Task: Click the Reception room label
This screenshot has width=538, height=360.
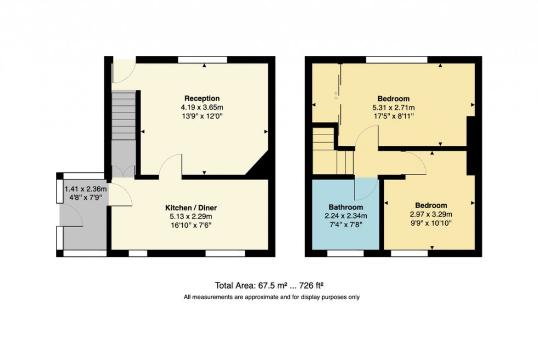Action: (x=202, y=98)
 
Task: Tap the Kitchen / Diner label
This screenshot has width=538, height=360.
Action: (x=191, y=208)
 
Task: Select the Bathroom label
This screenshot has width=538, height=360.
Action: (x=345, y=207)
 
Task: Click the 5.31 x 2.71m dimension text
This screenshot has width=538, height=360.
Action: (x=393, y=108)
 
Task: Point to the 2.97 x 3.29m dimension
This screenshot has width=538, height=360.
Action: (x=430, y=214)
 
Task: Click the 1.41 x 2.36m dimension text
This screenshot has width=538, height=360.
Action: (x=86, y=189)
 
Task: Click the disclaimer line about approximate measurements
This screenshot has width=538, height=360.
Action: (x=271, y=297)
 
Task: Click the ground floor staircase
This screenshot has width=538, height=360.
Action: (x=124, y=115)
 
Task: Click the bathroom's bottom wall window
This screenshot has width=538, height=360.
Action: (x=345, y=254)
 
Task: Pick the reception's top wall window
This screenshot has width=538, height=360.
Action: (x=203, y=60)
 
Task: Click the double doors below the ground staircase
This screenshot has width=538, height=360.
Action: (x=124, y=171)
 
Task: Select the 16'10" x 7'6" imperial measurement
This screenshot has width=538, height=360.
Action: (x=191, y=225)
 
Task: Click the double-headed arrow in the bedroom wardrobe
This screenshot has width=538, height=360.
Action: (x=336, y=95)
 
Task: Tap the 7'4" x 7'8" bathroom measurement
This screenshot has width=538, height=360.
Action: (x=345, y=224)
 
